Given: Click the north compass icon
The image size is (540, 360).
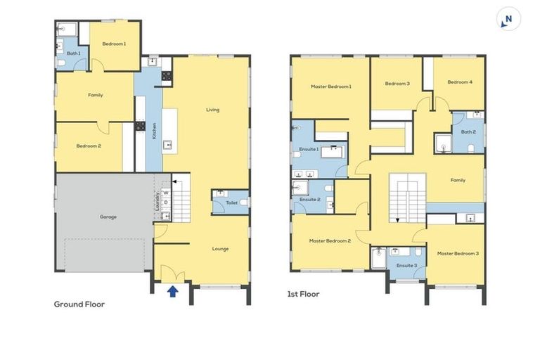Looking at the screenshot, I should point(508,19).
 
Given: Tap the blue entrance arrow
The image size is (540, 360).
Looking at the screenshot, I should point(172,290).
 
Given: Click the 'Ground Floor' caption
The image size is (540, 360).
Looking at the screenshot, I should point(79,304).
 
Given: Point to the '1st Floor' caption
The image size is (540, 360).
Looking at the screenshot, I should point(303,294).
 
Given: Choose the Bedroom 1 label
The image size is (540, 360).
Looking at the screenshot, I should point(114,44).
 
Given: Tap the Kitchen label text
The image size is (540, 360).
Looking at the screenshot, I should point(155,131).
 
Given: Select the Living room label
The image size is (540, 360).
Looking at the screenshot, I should point(212,110).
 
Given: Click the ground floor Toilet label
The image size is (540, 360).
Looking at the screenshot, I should point(231,203).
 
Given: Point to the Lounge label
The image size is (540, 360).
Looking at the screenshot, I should point(220,248).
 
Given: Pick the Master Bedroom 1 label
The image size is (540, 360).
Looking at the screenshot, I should point(330,86).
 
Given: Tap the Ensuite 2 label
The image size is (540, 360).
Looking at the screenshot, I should point(310,200).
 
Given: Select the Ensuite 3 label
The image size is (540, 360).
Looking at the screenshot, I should point(406,265).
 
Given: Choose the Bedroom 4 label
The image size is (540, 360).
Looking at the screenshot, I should point(461,82).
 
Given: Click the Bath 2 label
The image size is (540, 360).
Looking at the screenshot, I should point(469,131).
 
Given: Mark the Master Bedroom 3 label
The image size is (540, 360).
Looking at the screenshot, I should point(458,253).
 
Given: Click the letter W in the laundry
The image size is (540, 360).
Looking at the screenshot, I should point(167,193).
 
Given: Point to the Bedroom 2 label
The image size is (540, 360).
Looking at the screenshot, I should point(89,146).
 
